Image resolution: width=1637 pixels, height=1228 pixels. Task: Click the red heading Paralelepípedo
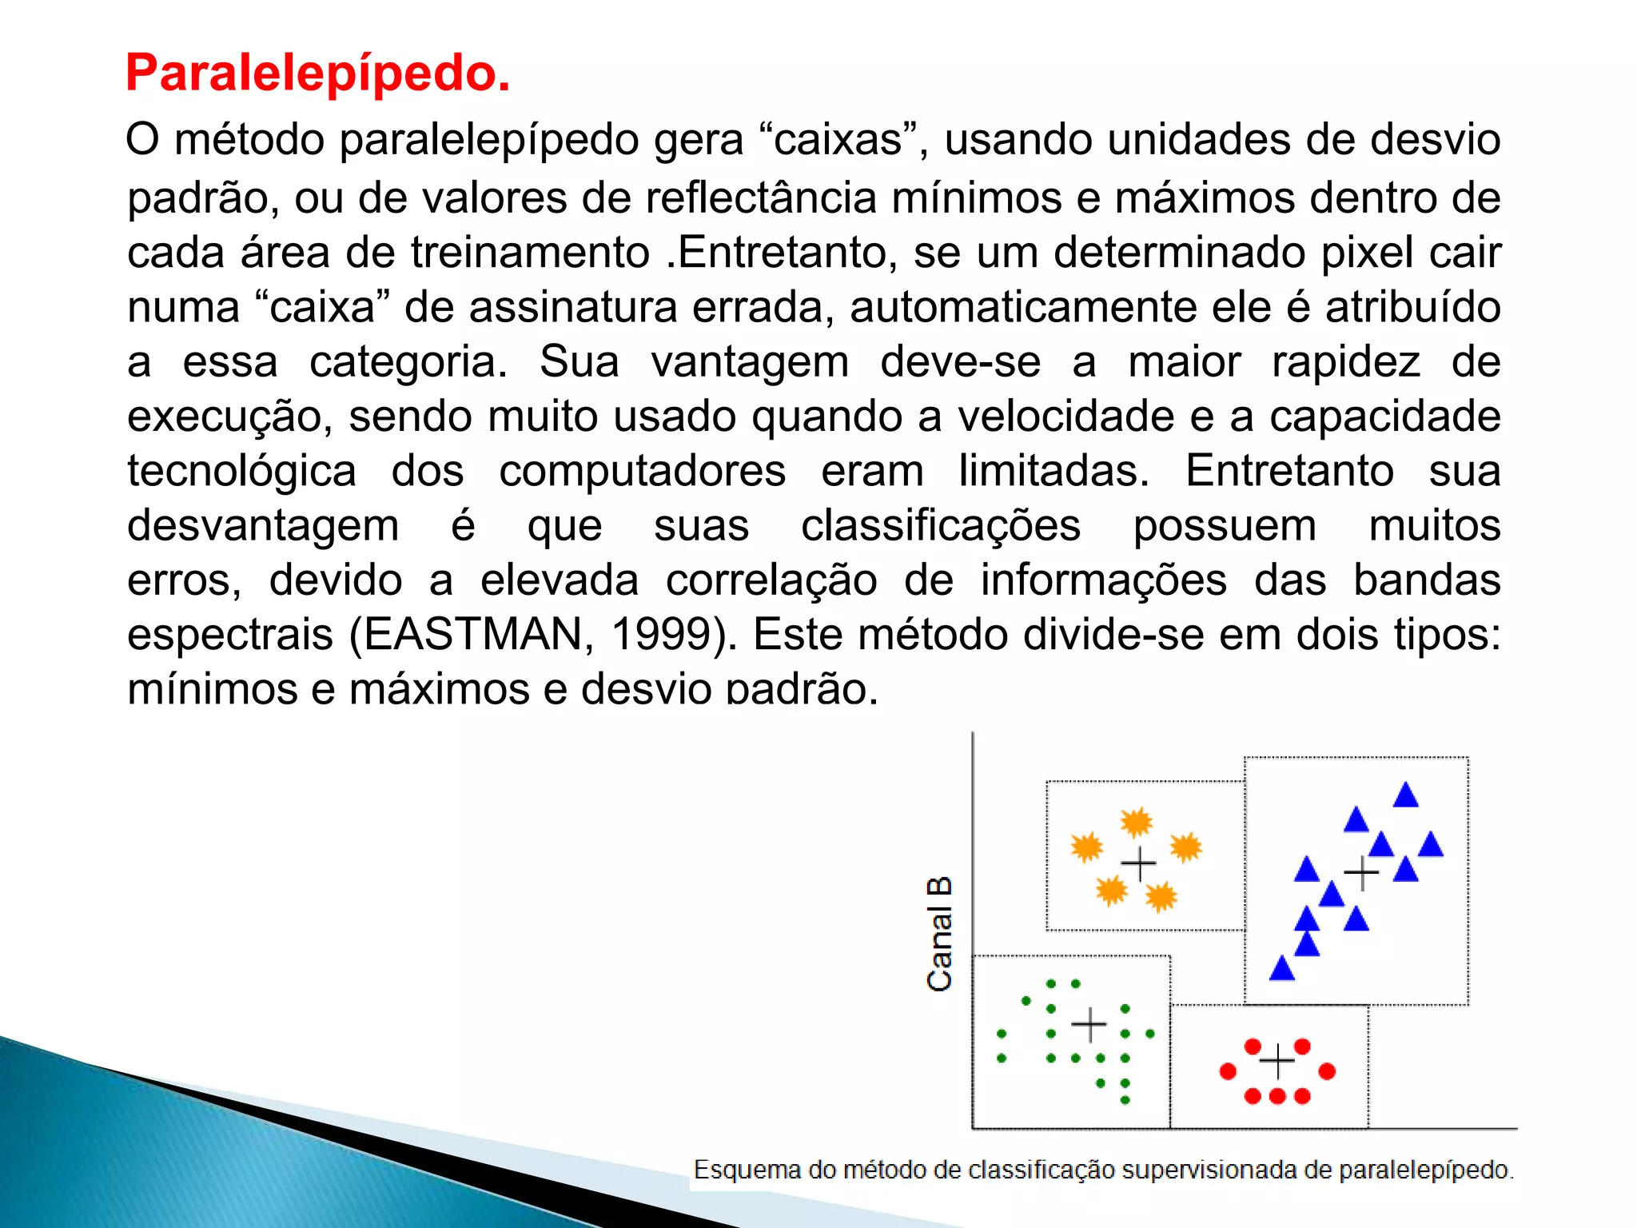317,74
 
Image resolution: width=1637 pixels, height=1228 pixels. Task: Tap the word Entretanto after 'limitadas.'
1289,471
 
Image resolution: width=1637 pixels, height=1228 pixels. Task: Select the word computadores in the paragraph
642,471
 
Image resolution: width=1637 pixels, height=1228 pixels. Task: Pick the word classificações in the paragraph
941,526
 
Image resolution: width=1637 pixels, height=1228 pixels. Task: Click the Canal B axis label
939,934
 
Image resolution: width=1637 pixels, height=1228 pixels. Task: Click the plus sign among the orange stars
1138,863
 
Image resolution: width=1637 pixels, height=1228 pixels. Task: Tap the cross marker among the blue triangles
1361,872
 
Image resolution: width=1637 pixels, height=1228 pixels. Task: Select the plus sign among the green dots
1089,1025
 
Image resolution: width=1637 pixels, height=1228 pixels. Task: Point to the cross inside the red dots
1277,1062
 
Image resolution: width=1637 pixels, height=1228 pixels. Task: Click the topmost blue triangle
1405,795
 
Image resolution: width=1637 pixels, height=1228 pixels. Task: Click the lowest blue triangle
1281,969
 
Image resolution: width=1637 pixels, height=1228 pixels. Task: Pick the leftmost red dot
1228,1071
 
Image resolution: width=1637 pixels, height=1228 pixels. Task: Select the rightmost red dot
1327,1071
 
